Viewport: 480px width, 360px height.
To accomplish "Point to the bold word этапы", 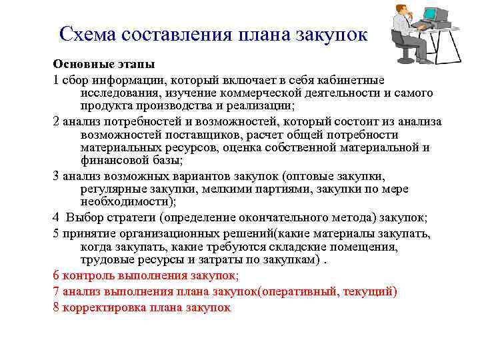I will coord(133,65).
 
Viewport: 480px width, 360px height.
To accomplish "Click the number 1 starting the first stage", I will coord(57,79).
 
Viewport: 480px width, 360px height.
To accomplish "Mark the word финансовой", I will coord(117,161).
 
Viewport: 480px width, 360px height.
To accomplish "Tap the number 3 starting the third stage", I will coord(57,176).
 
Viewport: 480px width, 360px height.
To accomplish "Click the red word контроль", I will coord(89,275).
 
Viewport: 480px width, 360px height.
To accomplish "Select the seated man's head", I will coord(403,9).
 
